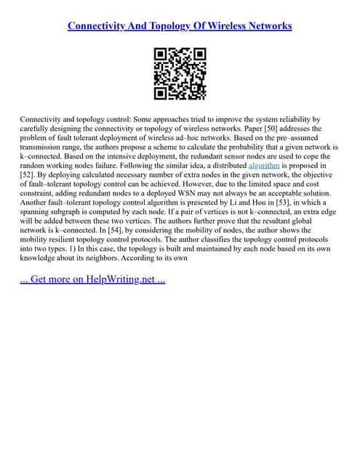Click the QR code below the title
[180, 73]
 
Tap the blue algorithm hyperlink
[264, 165]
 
